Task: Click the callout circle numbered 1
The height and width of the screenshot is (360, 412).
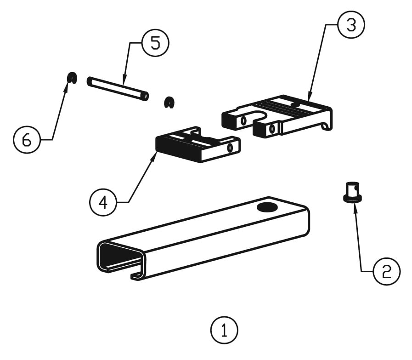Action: tap(224, 330)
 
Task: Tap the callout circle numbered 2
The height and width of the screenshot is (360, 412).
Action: tap(386, 271)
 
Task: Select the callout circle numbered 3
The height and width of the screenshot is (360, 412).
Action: tap(351, 25)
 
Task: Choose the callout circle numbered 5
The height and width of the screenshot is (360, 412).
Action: tap(155, 43)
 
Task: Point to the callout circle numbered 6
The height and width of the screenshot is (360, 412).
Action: tap(27, 139)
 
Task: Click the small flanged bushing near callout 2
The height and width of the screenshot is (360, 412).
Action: tap(352, 192)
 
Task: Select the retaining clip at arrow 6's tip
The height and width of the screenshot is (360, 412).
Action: tap(72, 78)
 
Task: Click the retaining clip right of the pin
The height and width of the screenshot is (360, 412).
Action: tap(169, 102)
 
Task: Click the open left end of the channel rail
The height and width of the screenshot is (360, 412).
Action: tap(117, 257)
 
